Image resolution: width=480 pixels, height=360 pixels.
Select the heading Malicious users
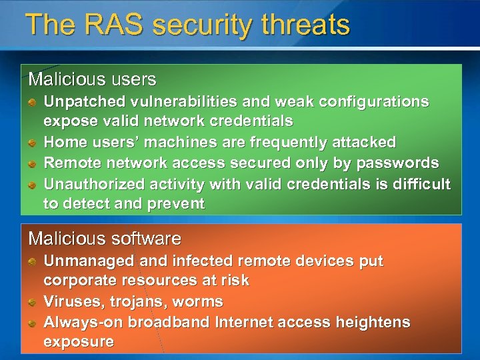(x=92, y=79)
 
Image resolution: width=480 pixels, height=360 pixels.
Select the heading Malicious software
(x=105, y=238)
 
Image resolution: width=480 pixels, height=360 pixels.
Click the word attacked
(x=365, y=142)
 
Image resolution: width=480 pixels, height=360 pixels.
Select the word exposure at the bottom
(x=79, y=342)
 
